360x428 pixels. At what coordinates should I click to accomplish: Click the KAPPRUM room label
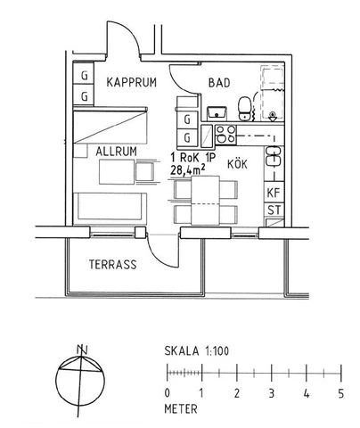[131, 83]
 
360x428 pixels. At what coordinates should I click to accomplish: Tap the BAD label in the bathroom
[219, 83]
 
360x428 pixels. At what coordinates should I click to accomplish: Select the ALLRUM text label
[116, 152]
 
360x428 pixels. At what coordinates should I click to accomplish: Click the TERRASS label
[112, 265]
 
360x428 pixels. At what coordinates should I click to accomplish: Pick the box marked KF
[273, 193]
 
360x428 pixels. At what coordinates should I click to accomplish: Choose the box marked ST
[273, 210]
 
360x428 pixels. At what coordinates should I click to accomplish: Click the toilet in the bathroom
[245, 110]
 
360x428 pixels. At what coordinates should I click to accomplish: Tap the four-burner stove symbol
[224, 136]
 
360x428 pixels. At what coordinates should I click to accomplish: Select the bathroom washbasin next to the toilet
[217, 112]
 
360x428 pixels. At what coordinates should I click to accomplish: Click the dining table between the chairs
[206, 201]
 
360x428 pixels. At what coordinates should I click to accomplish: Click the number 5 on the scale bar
[340, 393]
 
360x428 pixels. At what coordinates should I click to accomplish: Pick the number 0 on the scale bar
[168, 393]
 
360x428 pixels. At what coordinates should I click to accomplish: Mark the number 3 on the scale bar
[271, 393]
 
